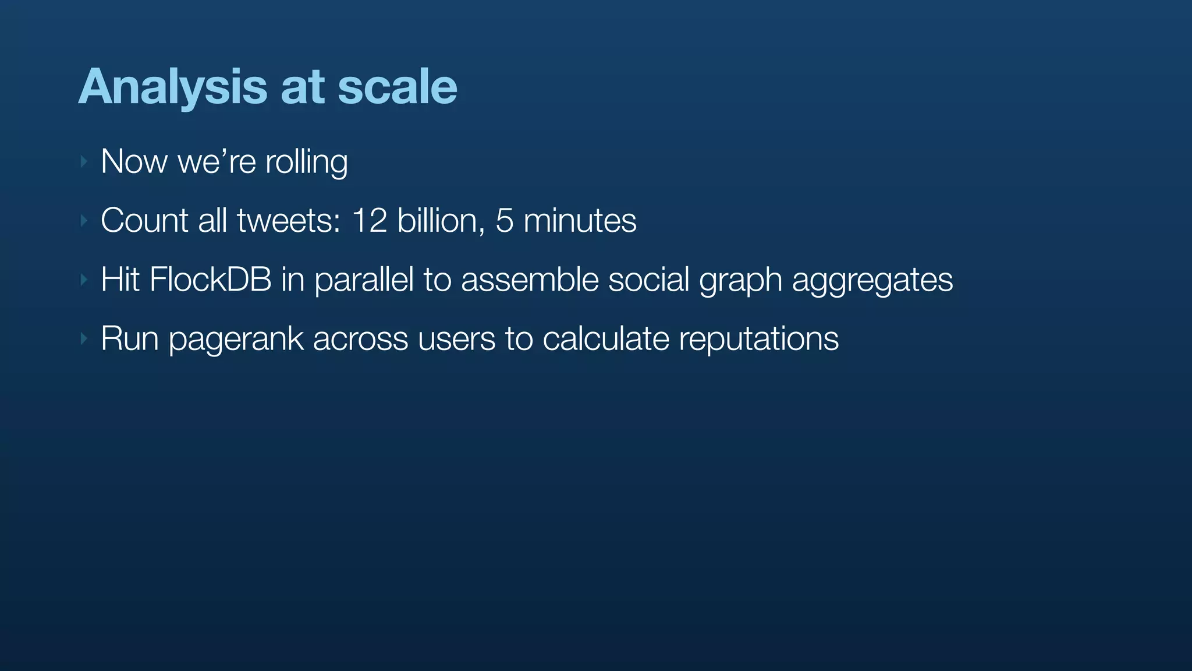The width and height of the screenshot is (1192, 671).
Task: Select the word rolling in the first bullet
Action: click(x=306, y=162)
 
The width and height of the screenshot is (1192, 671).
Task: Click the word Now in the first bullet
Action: click(x=134, y=161)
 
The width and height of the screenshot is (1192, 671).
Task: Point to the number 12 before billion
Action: click(x=370, y=221)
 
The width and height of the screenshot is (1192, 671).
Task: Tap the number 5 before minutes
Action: click(x=504, y=221)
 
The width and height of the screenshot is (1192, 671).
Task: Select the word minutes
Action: click(x=580, y=221)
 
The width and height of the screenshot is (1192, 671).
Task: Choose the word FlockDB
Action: click(x=210, y=280)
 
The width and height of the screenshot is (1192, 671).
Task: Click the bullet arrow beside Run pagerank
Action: click(x=84, y=338)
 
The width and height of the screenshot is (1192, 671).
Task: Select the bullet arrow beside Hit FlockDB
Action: click(x=84, y=280)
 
